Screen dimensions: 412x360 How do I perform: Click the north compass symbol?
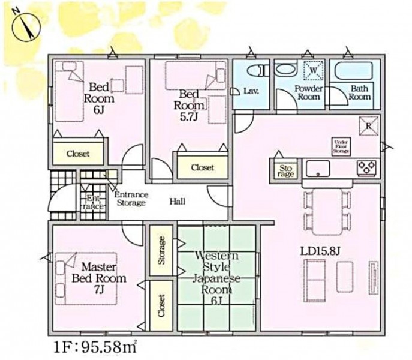click(x=26, y=28)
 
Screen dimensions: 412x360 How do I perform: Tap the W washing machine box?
click(x=314, y=70)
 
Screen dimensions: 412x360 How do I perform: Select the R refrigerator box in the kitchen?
click(x=369, y=126)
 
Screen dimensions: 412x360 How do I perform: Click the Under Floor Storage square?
click(x=341, y=147)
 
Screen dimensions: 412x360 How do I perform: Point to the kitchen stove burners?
click(x=366, y=168)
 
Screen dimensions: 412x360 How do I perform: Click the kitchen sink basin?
click(x=318, y=168)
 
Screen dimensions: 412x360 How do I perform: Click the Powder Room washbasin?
click(x=286, y=70)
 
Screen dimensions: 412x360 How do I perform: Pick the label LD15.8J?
click(x=320, y=251)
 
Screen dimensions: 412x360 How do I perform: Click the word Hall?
click(x=178, y=202)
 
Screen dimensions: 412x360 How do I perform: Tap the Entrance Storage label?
click(x=131, y=199)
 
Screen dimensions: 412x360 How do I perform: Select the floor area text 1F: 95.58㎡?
click(x=95, y=347)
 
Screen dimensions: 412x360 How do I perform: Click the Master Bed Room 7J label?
click(x=99, y=278)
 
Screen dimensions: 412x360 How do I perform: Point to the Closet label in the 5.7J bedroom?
click(x=203, y=167)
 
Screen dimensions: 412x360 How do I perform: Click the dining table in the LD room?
click(x=327, y=211)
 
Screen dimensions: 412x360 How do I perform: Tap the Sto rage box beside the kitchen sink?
click(x=285, y=171)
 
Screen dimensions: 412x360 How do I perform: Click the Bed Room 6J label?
click(x=99, y=98)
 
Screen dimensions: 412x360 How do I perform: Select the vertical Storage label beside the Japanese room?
click(x=161, y=250)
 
